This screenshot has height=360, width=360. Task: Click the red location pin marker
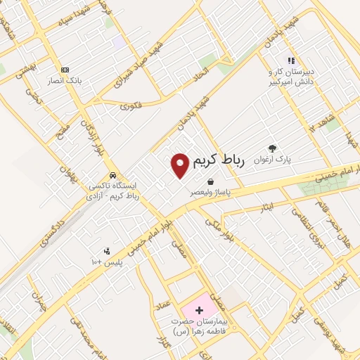pyautogui.click(x=181, y=165)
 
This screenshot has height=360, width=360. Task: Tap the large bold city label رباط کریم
pyautogui.click(x=218, y=160)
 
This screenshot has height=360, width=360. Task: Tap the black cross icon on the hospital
pyautogui.click(x=199, y=309)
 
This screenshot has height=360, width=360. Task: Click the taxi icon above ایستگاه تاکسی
pyautogui.click(x=112, y=175)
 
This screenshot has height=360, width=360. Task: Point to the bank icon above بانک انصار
pyautogui.click(x=65, y=70)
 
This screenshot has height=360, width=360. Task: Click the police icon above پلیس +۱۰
pyautogui.click(x=107, y=251)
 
